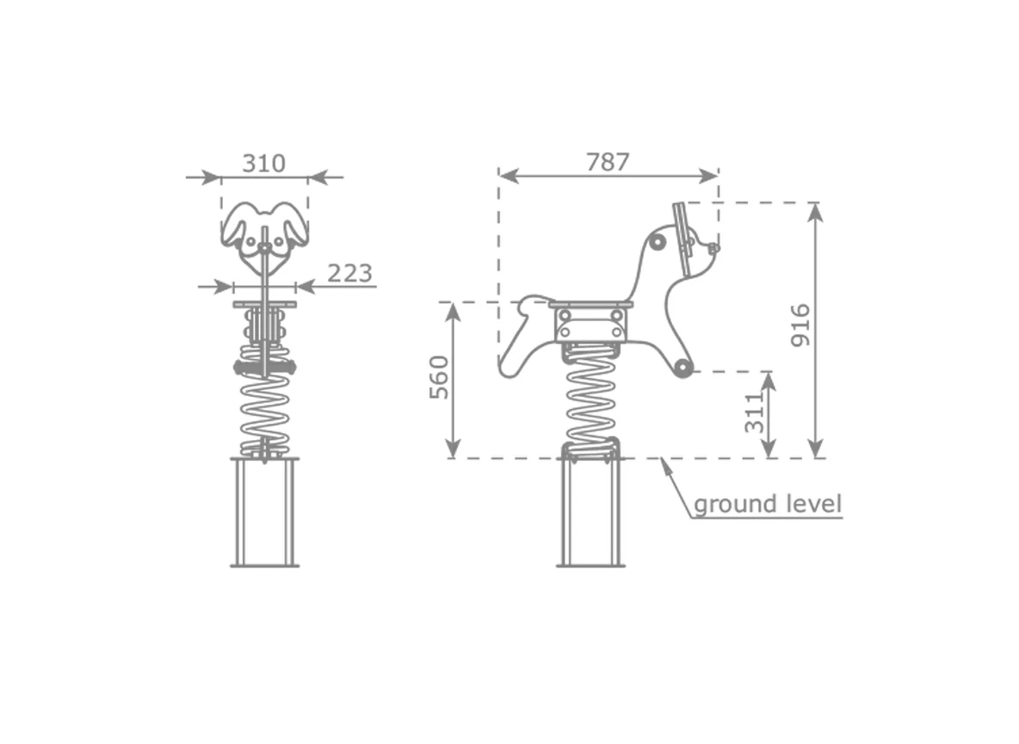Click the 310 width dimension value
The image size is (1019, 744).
(x=264, y=164)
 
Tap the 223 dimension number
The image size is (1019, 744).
(x=349, y=273)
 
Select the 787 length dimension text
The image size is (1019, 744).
(x=608, y=162)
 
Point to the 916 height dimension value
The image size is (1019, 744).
(x=801, y=325)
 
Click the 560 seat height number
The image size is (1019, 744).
(x=439, y=377)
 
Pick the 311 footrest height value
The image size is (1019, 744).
(x=754, y=412)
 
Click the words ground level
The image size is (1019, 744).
(x=768, y=504)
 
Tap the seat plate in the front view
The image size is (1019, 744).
(x=264, y=304)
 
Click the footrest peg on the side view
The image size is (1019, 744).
(x=682, y=368)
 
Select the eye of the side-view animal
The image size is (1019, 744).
(x=658, y=243)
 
